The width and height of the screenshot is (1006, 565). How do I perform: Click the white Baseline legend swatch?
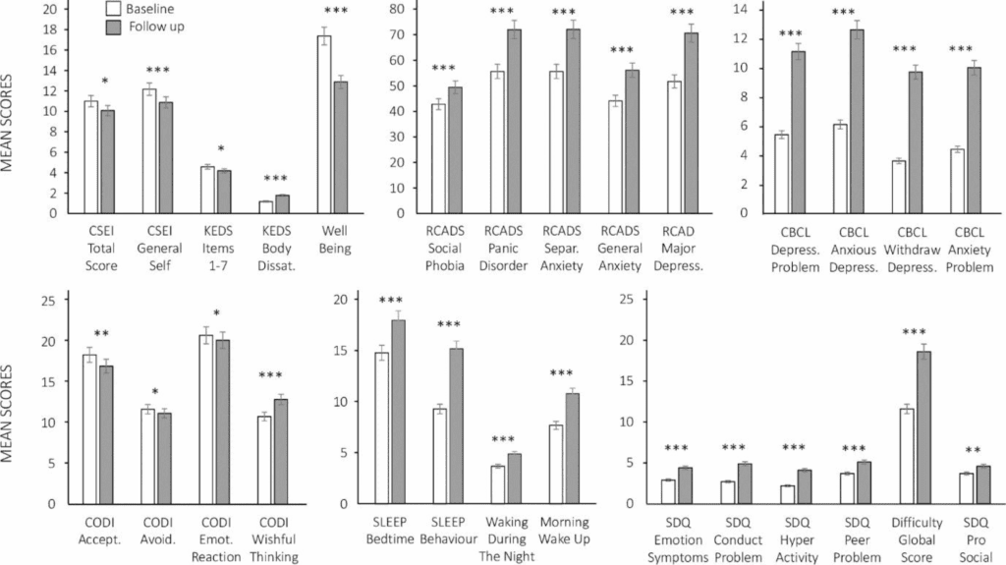tap(114, 9)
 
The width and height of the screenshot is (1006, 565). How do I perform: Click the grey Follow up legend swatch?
tap(114, 27)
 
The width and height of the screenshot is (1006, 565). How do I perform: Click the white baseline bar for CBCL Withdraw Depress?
tap(896, 187)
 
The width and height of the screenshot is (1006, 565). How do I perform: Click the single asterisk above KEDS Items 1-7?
tap(222, 150)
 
